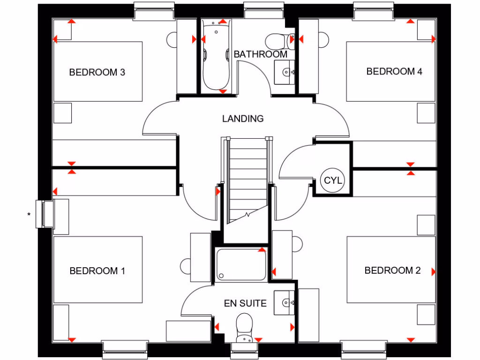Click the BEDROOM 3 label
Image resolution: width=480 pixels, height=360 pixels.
pos(97,72)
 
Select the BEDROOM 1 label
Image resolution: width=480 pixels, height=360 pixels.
pos(97,270)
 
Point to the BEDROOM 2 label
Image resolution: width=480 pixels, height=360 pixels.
pos(392,270)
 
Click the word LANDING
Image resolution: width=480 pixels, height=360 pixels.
pos(243,119)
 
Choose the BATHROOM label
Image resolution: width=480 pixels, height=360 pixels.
pos(260,54)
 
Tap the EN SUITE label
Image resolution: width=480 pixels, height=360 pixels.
pos(245,303)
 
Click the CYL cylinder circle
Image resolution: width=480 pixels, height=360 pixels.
pos(333,180)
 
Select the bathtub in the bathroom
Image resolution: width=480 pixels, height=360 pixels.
pos(216,56)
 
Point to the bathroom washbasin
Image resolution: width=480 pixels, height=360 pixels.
pos(285,72)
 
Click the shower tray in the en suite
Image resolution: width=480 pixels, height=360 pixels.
pos(241,265)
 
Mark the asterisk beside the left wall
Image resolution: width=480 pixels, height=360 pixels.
pos(29,215)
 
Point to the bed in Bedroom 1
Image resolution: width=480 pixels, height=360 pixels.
pos(97,270)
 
